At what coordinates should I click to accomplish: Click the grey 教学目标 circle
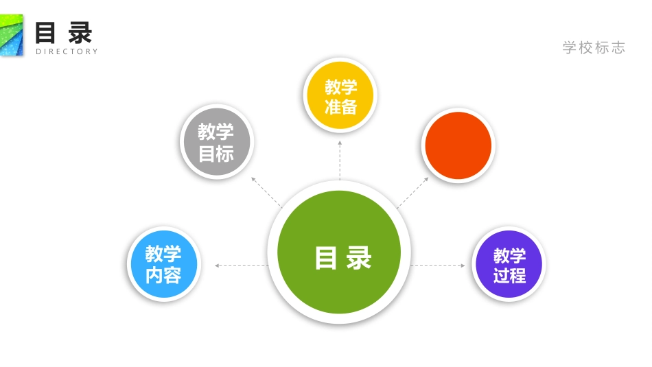click(x=216, y=142)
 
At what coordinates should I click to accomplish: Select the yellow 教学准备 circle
click(x=340, y=95)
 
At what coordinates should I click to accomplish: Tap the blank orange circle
click(x=458, y=145)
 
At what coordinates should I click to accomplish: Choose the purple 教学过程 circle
click(x=509, y=265)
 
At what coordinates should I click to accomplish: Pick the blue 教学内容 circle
click(x=163, y=264)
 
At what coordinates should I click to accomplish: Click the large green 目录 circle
click(x=339, y=252)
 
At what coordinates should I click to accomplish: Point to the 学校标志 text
click(x=594, y=47)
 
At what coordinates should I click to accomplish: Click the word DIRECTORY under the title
click(x=67, y=51)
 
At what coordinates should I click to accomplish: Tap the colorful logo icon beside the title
click(x=11, y=35)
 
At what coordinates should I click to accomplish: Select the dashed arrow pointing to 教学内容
click(x=240, y=265)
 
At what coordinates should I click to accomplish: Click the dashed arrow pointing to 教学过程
click(x=439, y=265)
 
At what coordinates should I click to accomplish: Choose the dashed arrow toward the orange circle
click(x=412, y=193)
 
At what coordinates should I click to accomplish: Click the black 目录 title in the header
click(x=64, y=32)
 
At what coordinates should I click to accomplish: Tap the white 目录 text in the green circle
click(x=342, y=258)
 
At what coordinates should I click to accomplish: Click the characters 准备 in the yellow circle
click(x=340, y=106)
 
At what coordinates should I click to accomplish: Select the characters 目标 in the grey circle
click(x=216, y=154)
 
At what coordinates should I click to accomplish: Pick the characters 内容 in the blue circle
click(x=163, y=276)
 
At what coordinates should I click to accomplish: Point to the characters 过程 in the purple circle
click(x=509, y=276)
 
